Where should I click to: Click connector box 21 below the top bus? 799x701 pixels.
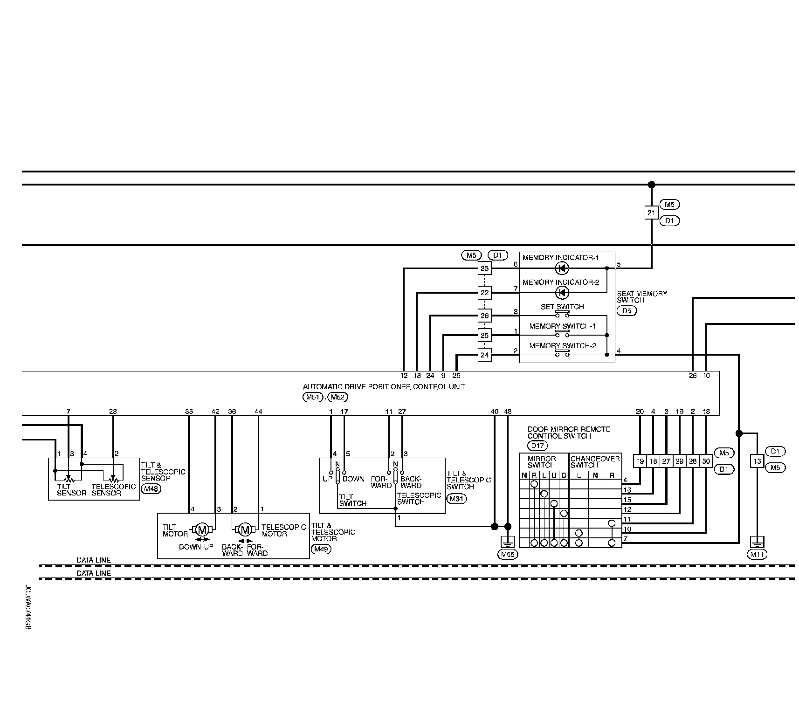click(x=651, y=213)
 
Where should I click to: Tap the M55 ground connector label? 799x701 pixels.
click(x=507, y=554)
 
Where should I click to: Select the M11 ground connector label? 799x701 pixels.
click(x=757, y=554)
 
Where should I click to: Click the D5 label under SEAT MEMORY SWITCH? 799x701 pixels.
click(x=627, y=310)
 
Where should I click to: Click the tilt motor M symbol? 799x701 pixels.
click(x=202, y=529)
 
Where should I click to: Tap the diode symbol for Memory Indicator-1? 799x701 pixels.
click(x=562, y=268)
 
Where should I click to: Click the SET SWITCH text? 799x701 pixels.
click(x=562, y=307)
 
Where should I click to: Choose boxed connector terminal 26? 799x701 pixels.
click(x=485, y=316)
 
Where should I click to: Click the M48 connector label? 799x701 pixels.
click(x=150, y=489)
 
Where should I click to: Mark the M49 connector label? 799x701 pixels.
click(x=321, y=549)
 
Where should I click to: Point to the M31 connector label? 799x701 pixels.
click(x=456, y=499)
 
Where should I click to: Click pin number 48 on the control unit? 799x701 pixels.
click(x=508, y=412)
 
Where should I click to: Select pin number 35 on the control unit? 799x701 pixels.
click(x=189, y=412)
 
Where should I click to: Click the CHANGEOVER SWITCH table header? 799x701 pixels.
click(x=595, y=462)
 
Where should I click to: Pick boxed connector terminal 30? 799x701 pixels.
click(x=706, y=461)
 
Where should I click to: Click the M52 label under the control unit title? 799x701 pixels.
click(x=338, y=397)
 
